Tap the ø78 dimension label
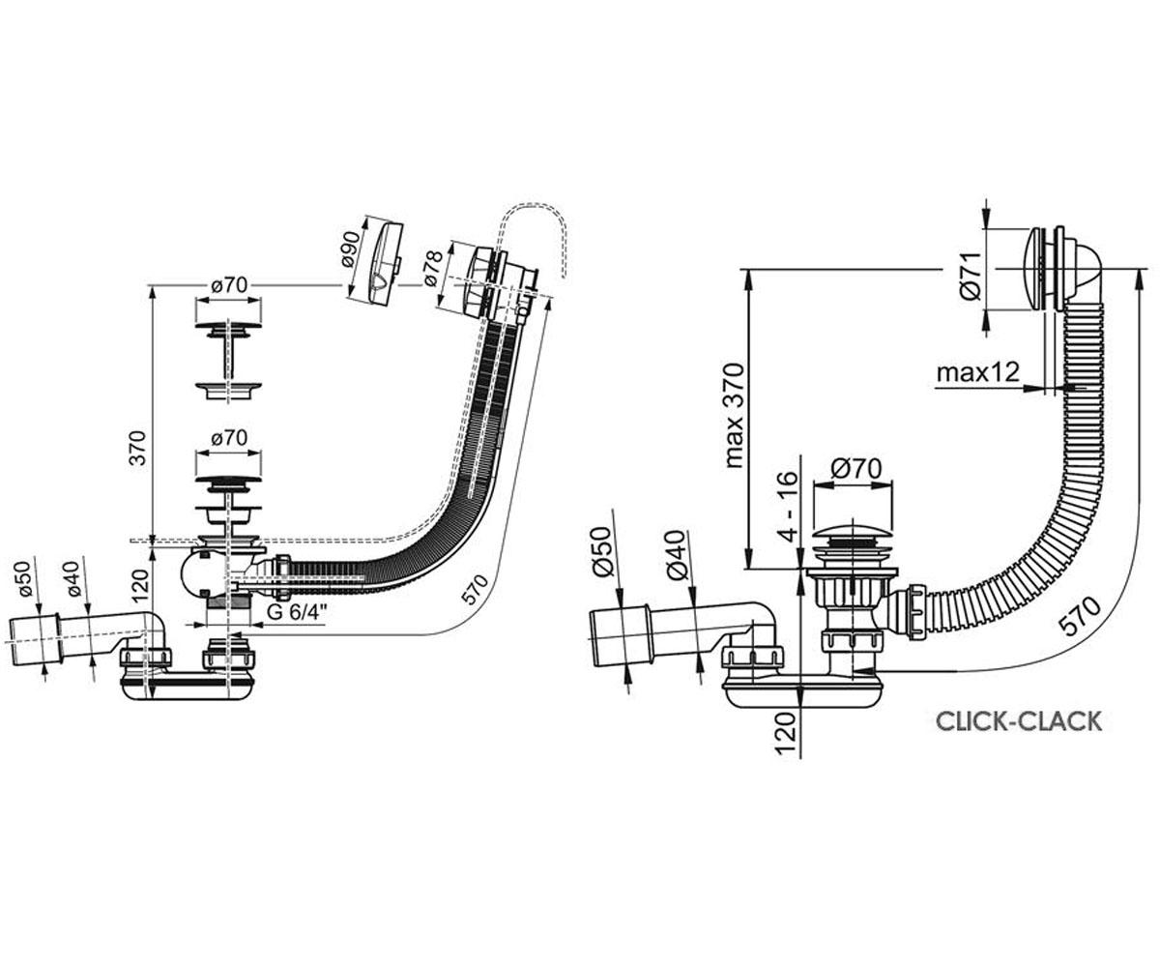[x=434, y=269]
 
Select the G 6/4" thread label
[x=296, y=612]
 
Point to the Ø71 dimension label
[x=971, y=276]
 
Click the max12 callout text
[x=978, y=372]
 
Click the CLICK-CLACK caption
[x=1018, y=721]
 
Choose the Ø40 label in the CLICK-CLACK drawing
[x=676, y=556]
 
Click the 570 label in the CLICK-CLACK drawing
[x=1080, y=616]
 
